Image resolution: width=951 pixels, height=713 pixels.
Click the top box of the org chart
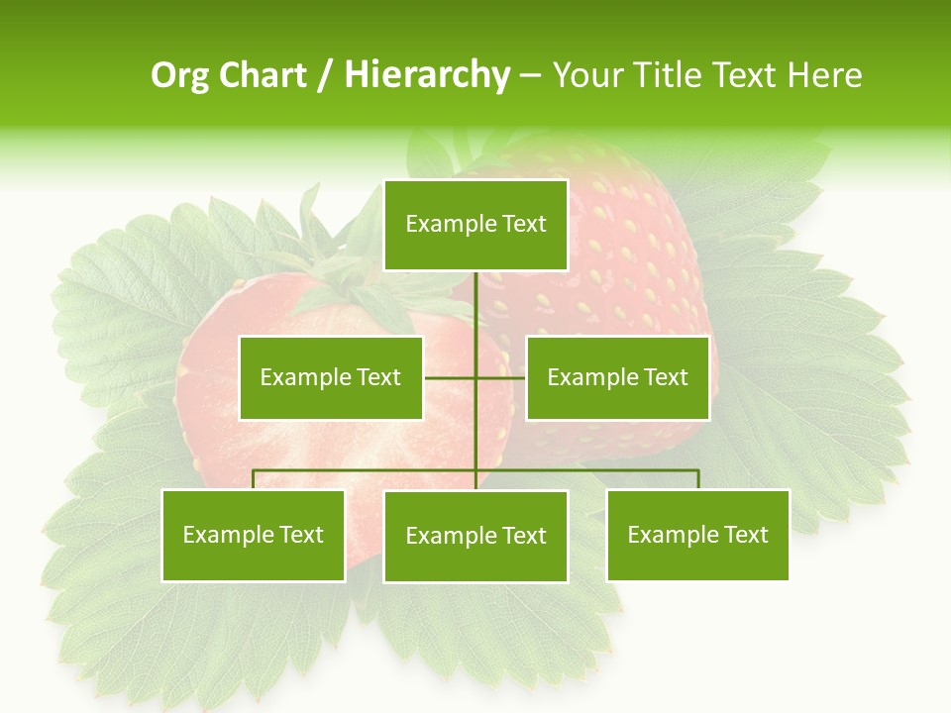coord(475,225)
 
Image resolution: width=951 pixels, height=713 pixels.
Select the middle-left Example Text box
coord(331,377)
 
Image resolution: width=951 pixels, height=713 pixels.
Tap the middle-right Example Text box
coord(617,377)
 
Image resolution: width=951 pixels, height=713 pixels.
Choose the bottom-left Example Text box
coord(254,535)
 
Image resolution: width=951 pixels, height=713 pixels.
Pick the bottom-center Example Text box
coord(475,536)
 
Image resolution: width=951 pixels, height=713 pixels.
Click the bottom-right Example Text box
coord(697,535)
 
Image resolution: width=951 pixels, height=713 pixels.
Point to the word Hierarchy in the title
coord(426,75)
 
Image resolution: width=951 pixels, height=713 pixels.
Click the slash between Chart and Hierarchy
coord(325,75)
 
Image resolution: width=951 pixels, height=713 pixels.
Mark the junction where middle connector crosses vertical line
coord(475,377)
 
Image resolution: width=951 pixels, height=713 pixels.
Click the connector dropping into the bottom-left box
coord(254,479)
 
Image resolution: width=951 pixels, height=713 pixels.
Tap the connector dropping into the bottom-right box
coord(697,479)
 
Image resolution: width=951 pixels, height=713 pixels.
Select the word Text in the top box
coord(524,224)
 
